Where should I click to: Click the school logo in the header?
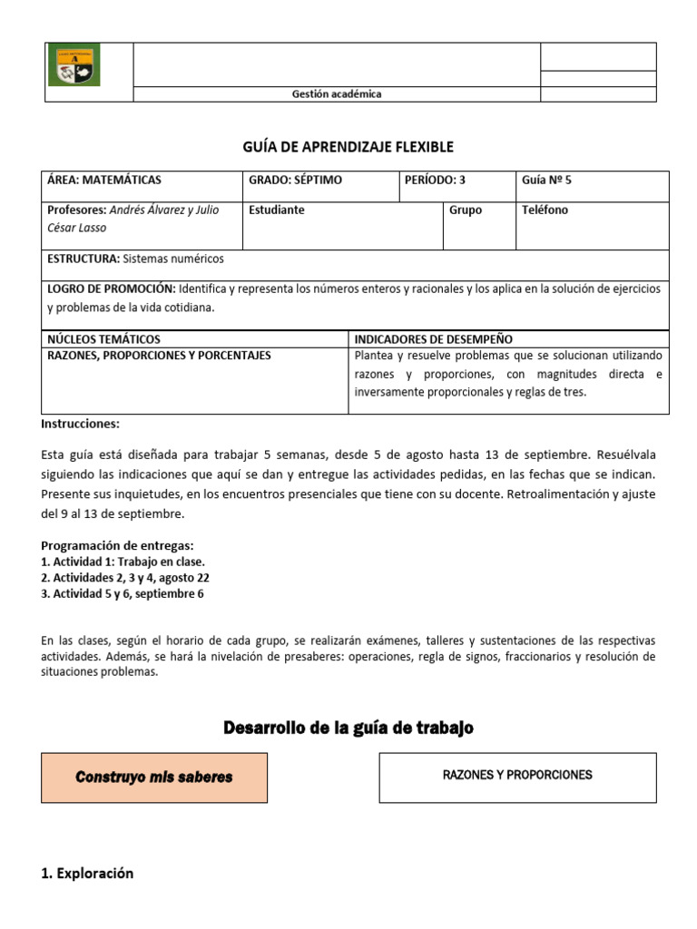(74, 66)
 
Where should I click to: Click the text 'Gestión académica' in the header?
(336, 94)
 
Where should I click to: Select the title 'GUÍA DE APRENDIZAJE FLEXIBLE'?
(348, 147)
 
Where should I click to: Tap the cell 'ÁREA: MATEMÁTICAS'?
(104, 181)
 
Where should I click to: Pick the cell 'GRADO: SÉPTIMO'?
(296, 181)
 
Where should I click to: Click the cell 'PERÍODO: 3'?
(437, 181)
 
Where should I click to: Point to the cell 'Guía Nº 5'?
(547, 181)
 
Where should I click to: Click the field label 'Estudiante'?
(277, 210)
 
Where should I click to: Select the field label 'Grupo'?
(466, 210)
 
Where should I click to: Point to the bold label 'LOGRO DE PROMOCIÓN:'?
(112, 288)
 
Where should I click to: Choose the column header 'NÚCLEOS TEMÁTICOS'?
(103, 339)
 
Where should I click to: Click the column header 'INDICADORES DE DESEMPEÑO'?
(434, 339)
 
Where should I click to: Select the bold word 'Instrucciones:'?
(81, 424)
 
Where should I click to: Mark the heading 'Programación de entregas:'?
(118, 545)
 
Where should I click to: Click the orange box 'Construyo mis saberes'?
(154, 777)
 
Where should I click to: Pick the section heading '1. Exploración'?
(87, 874)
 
